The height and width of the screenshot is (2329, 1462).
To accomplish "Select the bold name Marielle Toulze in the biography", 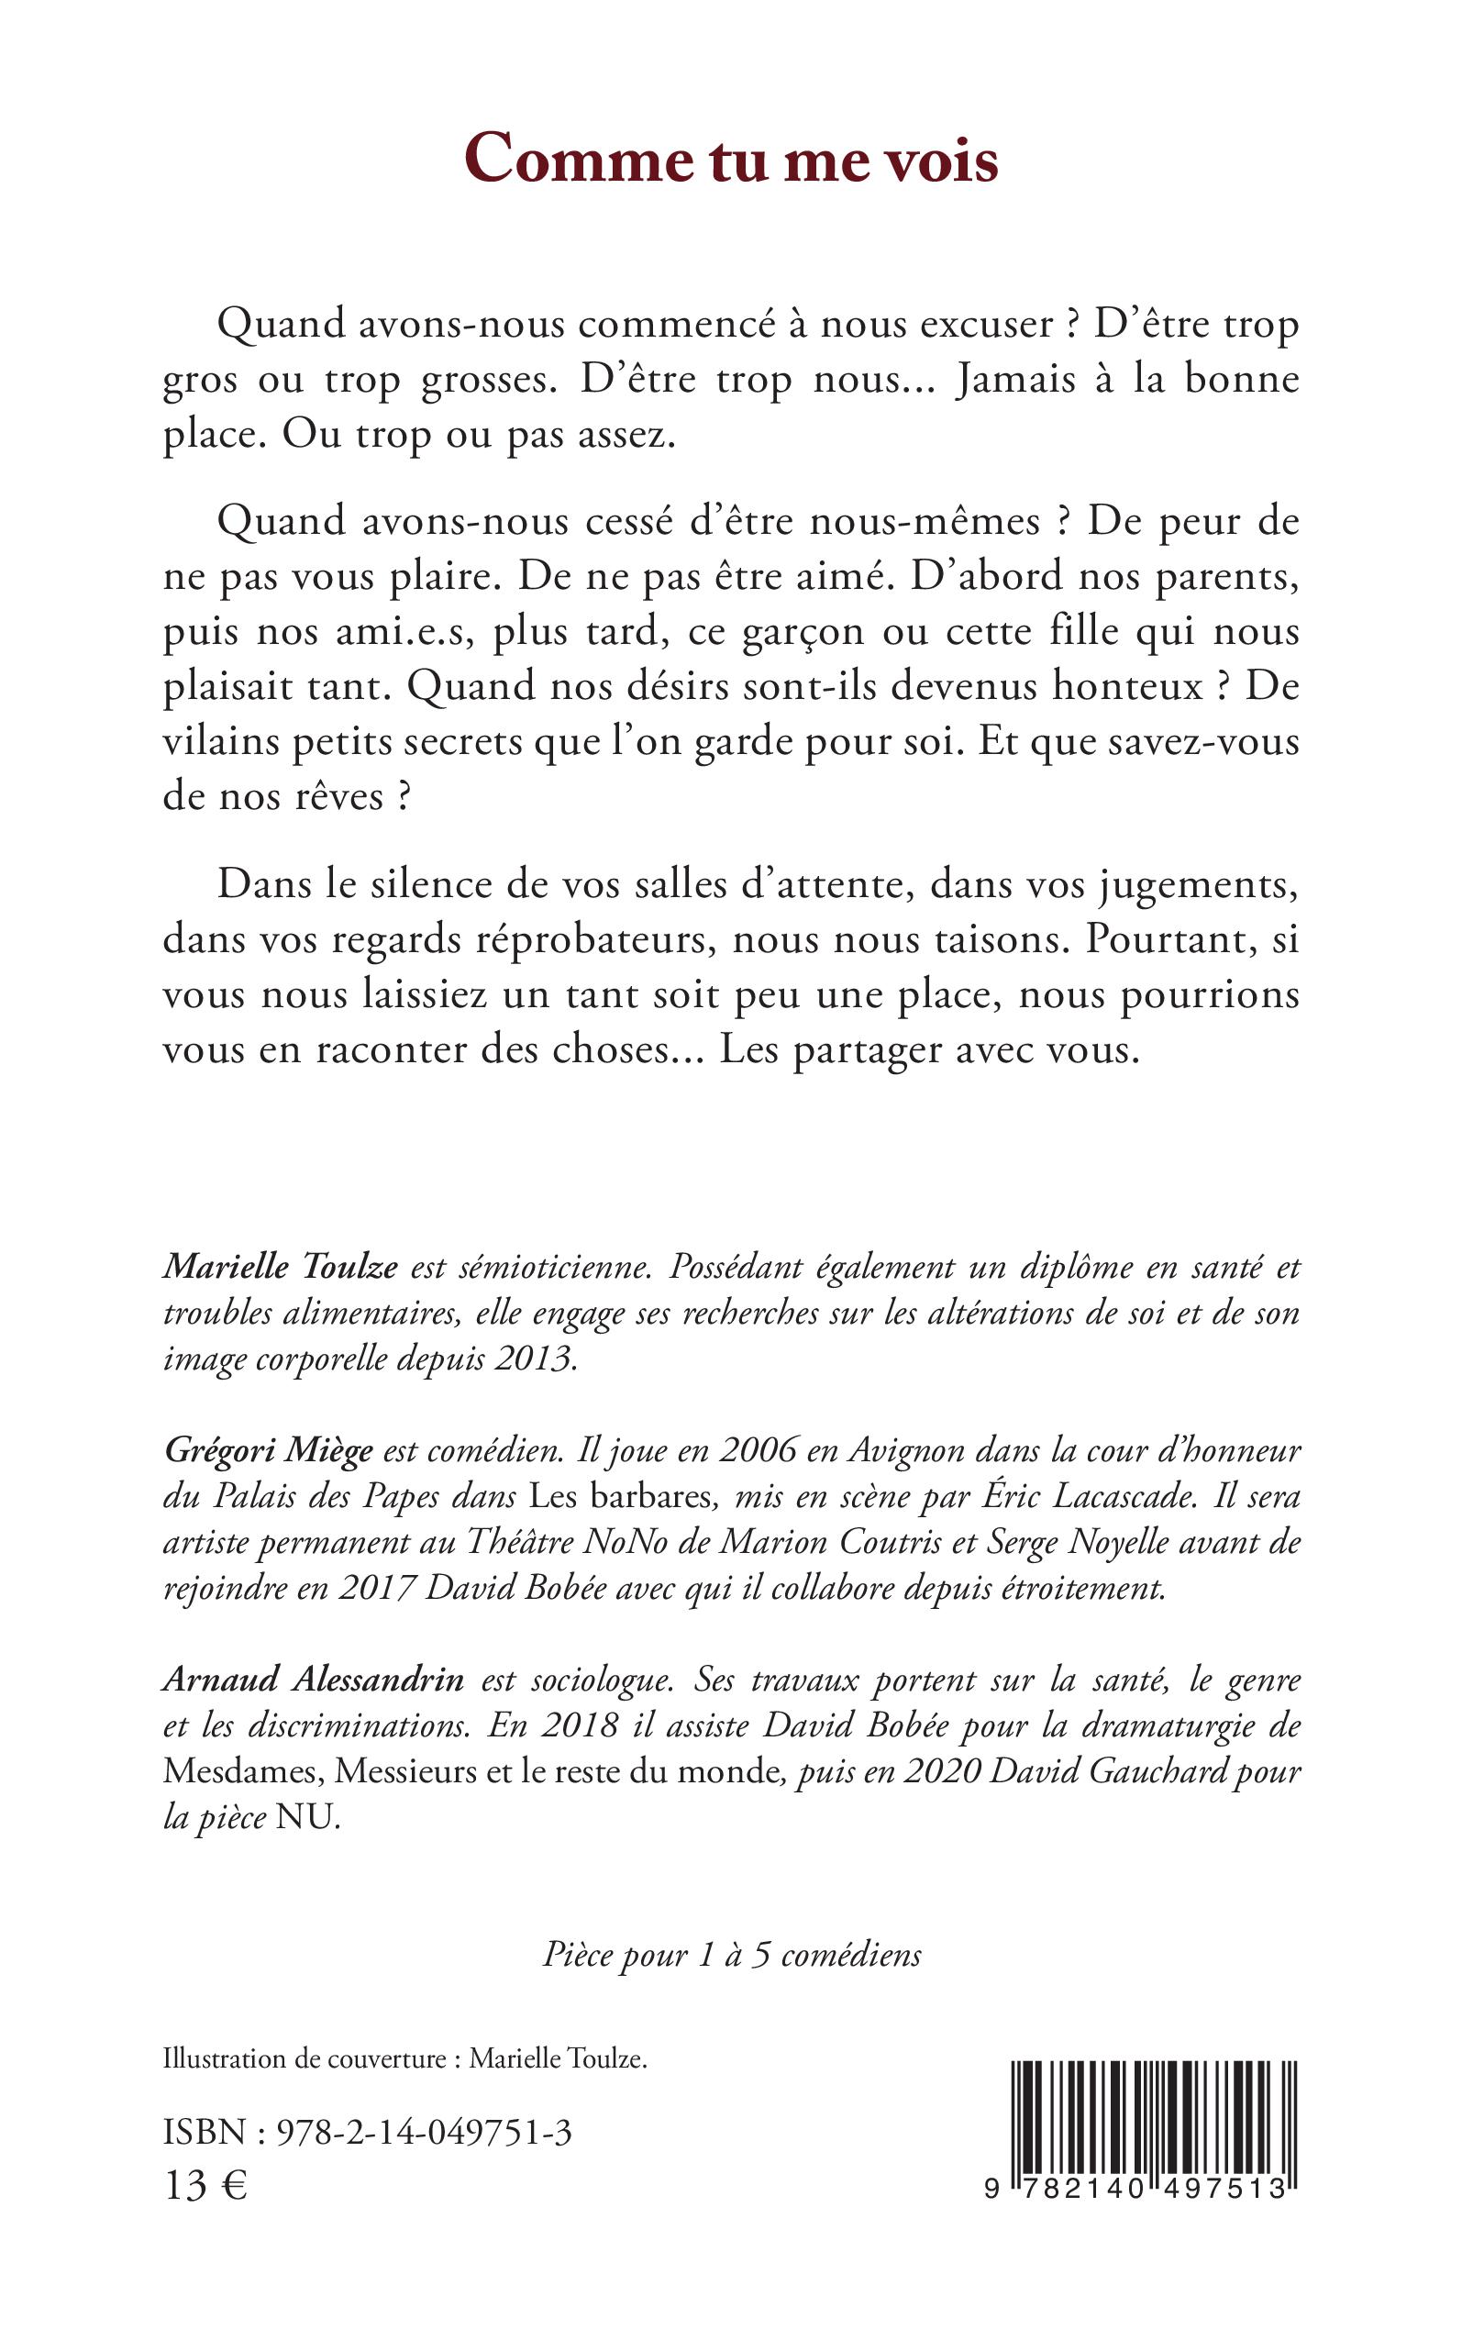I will [x=281, y=1268].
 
